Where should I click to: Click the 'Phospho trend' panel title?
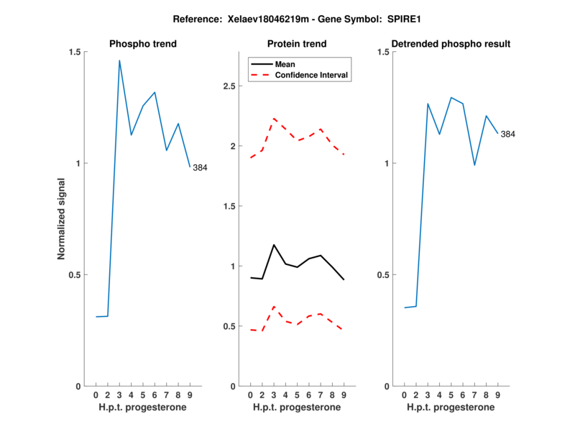pyautogui.click(x=143, y=44)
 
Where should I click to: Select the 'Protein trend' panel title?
pyautogui.click(x=297, y=44)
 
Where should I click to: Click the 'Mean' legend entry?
pyautogui.click(x=285, y=64)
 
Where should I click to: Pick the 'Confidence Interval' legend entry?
pyautogui.click(x=312, y=75)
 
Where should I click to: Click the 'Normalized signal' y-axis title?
pyautogui.click(x=62, y=219)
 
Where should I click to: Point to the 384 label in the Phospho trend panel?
pyautogui.click(x=201, y=168)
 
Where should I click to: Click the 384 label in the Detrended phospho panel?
pyautogui.click(x=508, y=134)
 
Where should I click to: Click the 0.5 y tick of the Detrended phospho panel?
pyautogui.click(x=383, y=275)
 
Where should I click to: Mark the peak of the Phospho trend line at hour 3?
pyautogui.click(x=119, y=60)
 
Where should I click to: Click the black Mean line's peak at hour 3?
pyautogui.click(x=274, y=245)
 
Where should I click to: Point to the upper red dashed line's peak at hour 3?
pyautogui.click(x=274, y=118)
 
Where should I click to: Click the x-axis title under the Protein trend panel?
pyautogui.click(x=297, y=408)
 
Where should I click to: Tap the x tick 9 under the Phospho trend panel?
pyautogui.click(x=190, y=395)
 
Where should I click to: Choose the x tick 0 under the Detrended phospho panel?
pyautogui.click(x=405, y=395)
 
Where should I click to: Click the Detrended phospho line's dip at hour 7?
pyautogui.click(x=474, y=166)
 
